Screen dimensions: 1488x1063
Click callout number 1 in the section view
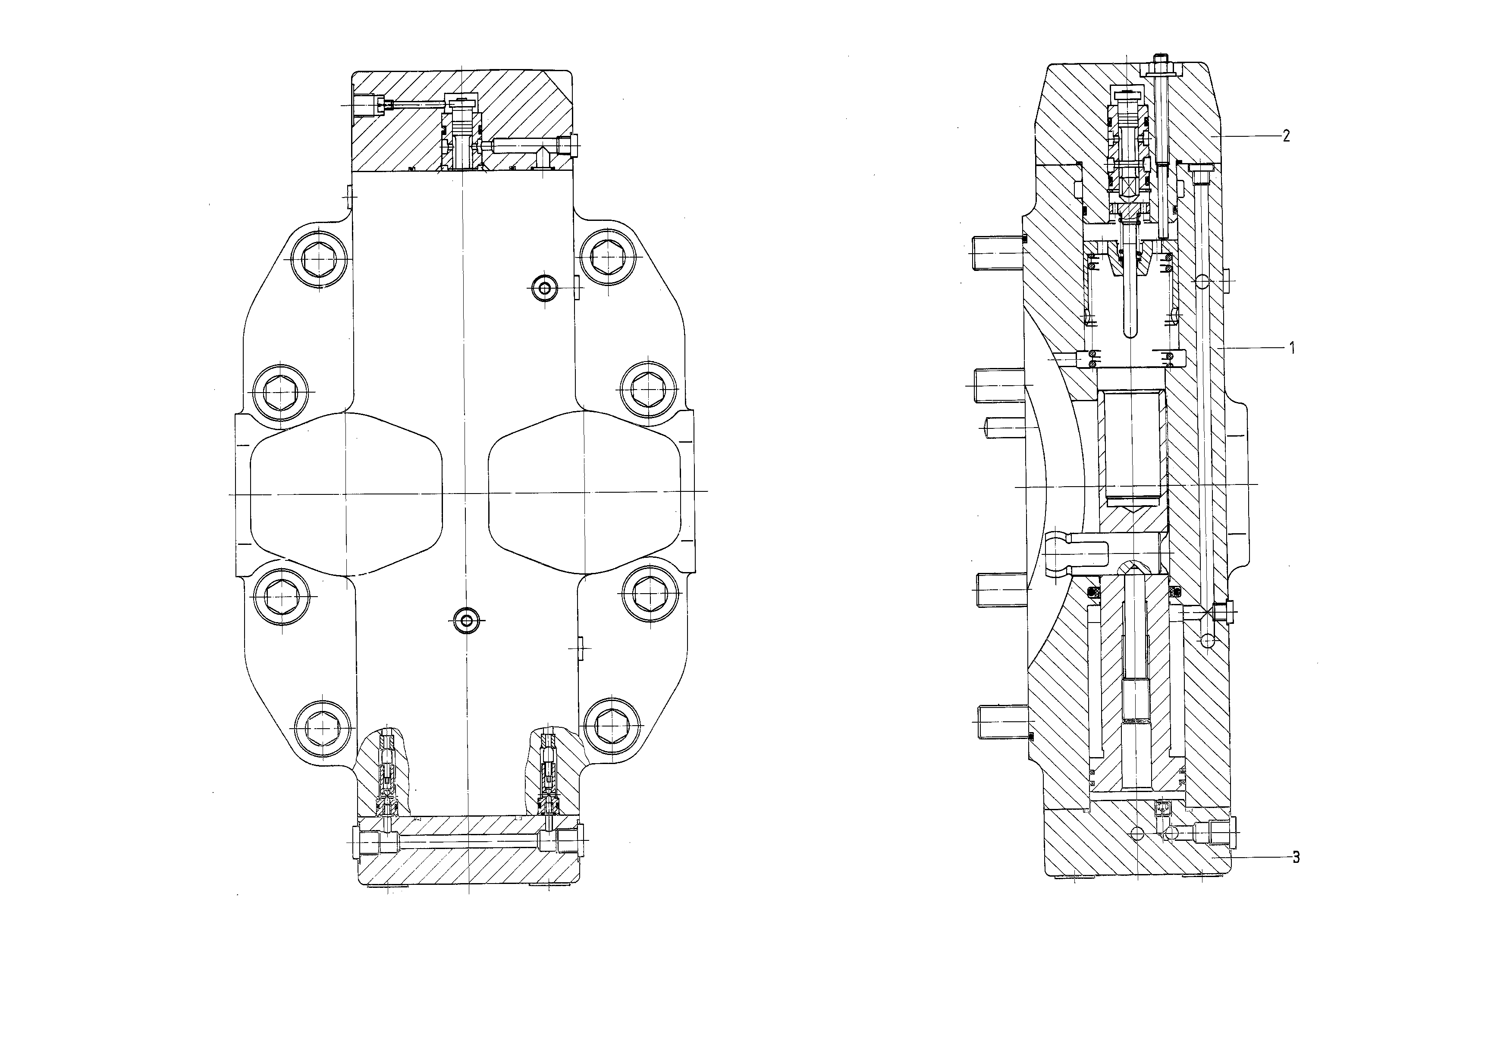[1292, 348]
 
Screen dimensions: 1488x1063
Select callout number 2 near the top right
[1287, 136]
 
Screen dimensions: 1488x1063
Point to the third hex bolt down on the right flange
[648, 592]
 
